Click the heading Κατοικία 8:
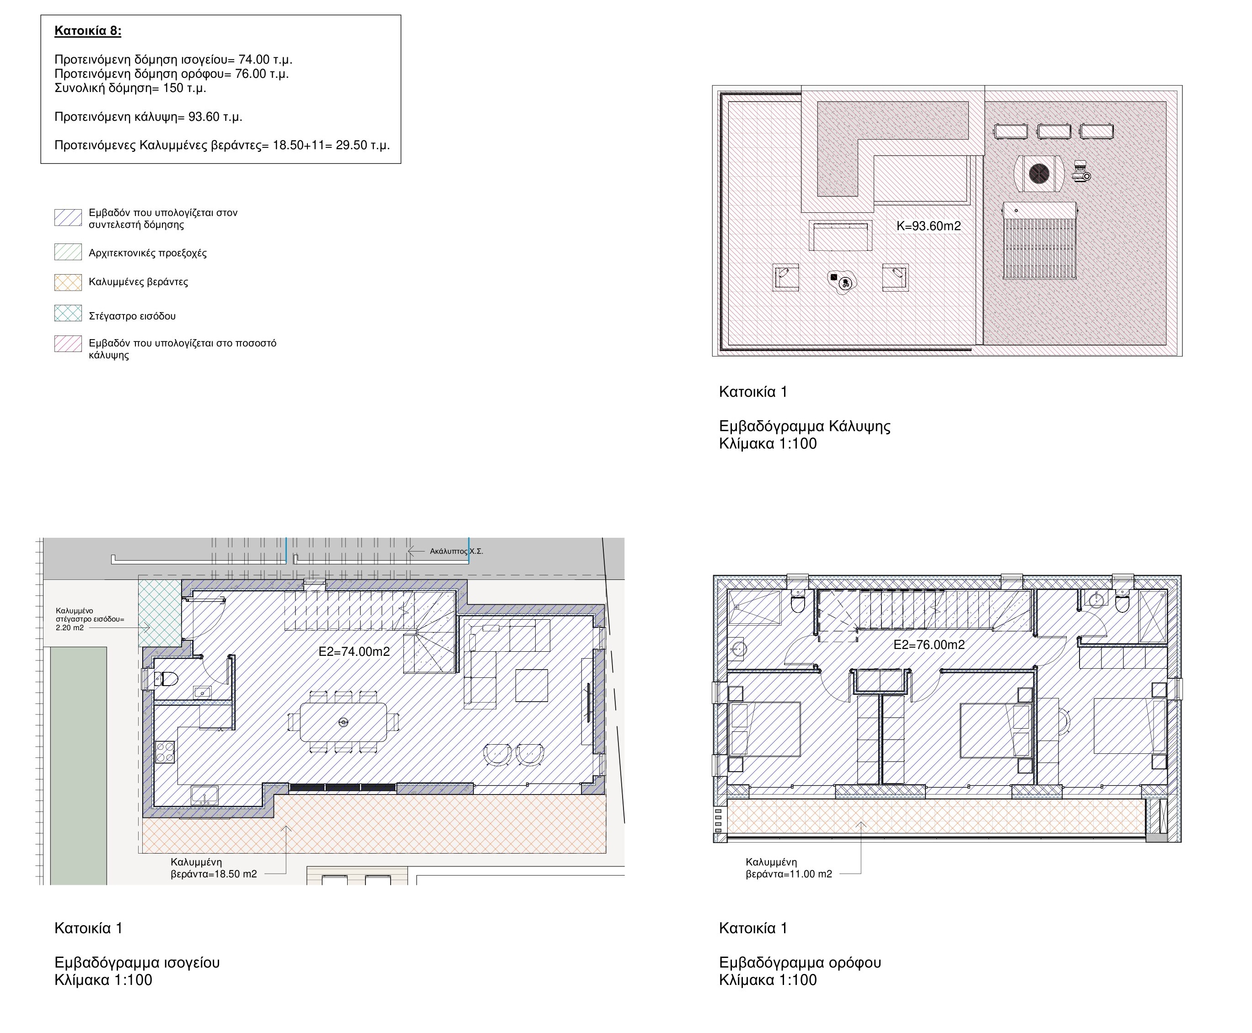(x=87, y=31)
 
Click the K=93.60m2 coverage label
(x=929, y=226)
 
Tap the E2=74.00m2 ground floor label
(x=354, y=652)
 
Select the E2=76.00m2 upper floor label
(x=929, y=645)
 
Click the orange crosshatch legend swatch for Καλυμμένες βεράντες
(x=68, y=282)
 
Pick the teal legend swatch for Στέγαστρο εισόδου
(x=68, y=313)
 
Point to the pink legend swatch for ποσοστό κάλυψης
(x=68, y=344)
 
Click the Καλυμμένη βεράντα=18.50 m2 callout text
(x=214, y=868)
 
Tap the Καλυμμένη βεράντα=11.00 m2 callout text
(x=789, y=868)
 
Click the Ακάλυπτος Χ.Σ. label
(x=456, y=552)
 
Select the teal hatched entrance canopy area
(x=159, y=613)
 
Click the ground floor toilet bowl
(x=166, y=678)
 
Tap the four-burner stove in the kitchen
(x=165, y=752)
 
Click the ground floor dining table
(x=343, y=722)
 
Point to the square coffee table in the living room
(x=532, y=686)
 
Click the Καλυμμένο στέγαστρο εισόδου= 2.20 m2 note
(x=90, y=619)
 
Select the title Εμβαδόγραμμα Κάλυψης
(x=804, y=426)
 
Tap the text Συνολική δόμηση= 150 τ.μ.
(x=130, y=88)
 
